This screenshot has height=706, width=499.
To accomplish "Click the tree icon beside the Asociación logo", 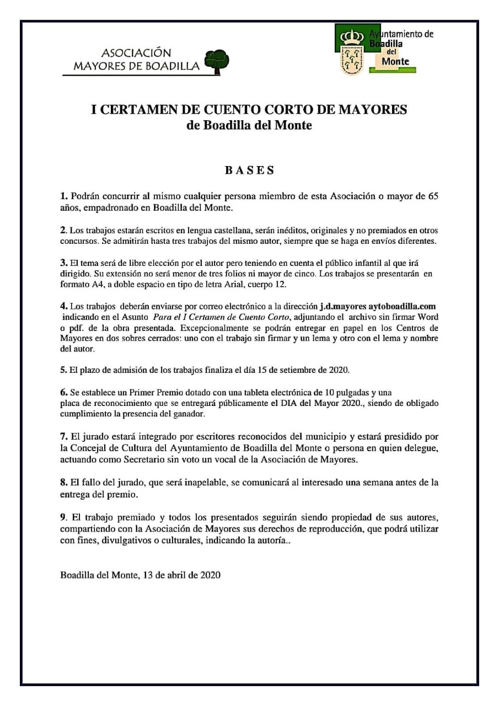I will point(217,60).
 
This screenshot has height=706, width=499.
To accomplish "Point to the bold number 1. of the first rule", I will point(64,196).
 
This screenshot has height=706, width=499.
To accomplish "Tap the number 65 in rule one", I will point(432,196).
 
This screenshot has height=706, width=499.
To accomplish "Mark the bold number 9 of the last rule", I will point(63,518).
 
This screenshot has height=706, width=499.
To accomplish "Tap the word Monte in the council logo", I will point(395,61).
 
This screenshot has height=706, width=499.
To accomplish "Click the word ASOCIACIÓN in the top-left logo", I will point(136,53).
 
